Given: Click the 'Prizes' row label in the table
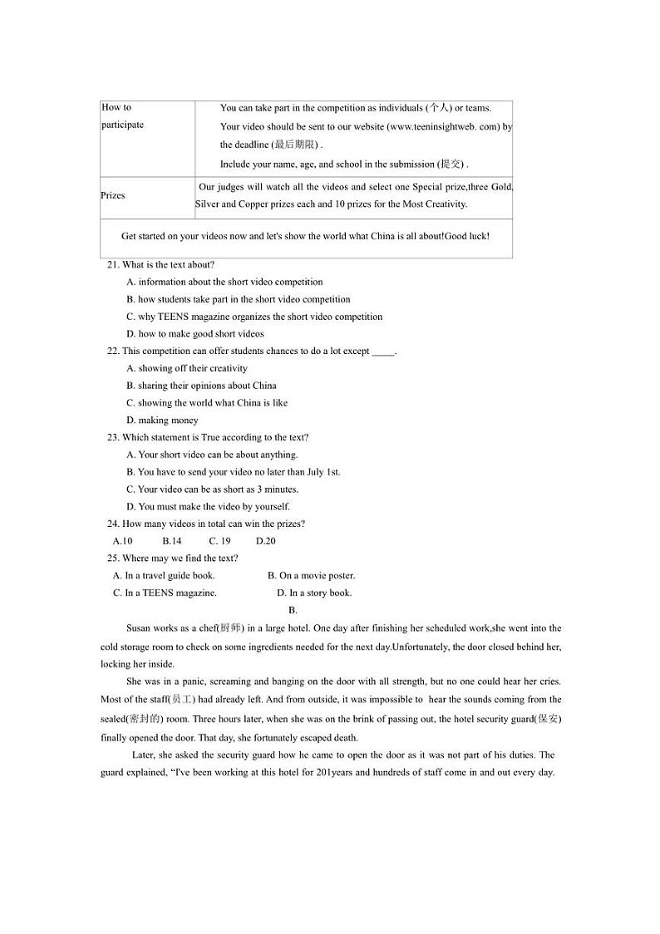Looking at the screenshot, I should (113, 196).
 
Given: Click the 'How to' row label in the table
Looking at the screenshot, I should (116, 107).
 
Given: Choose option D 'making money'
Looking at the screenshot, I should (162, 420).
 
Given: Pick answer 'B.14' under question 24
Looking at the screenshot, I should (172, 541).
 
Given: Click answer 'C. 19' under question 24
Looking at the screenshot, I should (219, 541).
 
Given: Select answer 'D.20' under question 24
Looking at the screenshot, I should (265, 541).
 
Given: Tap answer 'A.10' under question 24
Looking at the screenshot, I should (123, 541).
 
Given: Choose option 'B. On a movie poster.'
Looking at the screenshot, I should (311, 576).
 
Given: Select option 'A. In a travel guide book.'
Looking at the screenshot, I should (164, 576).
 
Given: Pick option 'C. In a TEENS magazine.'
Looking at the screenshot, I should (165, 593).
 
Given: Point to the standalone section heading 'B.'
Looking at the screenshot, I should (293, 611).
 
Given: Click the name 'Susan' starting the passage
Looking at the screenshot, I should (138, 629).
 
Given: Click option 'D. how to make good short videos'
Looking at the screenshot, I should (195, 334).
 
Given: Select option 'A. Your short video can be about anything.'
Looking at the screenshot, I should (212, 455).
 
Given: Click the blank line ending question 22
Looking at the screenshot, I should (383, 351).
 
